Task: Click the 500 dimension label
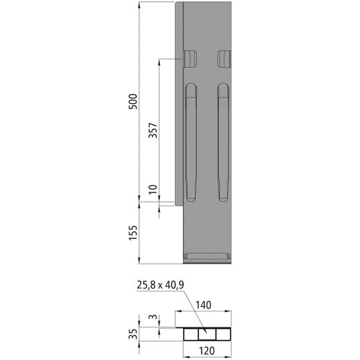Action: pos(132,102)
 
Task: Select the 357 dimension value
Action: pos(152,130)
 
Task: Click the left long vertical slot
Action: pos(191,143)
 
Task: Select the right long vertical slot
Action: pos(223,143)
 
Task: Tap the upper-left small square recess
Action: pos(190,60)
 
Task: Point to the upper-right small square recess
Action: pos(224,60)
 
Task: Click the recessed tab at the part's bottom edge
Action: pos(207,256)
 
